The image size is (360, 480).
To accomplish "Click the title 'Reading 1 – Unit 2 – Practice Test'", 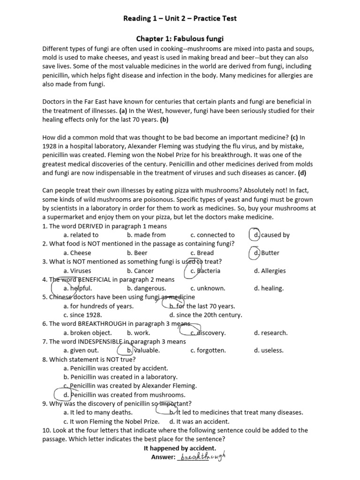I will (180, 19).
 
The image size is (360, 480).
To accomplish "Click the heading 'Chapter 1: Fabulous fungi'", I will (180, 39).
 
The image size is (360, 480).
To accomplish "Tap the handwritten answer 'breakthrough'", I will (202, 456).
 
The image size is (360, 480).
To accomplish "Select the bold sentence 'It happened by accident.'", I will (180, 448).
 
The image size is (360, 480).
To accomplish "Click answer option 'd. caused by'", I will (271, 235).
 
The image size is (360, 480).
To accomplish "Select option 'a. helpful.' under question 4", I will (78, 288).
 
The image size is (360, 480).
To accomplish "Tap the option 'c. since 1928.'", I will (82, 315).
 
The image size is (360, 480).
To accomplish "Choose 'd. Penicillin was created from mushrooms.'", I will (125, 395).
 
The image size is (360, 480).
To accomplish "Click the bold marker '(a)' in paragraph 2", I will (123, 111).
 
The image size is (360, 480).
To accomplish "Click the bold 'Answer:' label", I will (163, 457).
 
